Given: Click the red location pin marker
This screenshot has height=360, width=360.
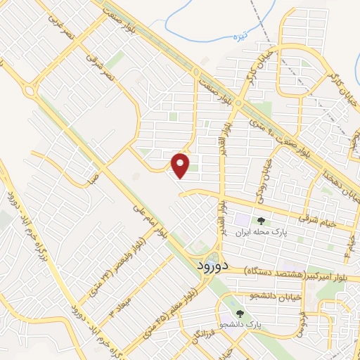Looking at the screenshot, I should (181, 166).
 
